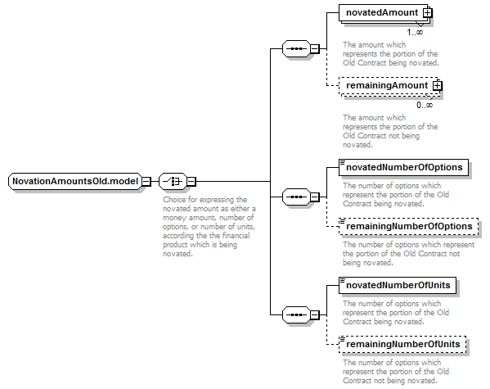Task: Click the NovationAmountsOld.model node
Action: [75, 181]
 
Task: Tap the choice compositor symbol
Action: [173, 181]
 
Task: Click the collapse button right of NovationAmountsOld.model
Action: [146, 182]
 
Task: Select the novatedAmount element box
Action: [383, 12]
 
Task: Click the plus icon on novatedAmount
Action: [427, 13]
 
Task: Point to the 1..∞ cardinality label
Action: [415, 32]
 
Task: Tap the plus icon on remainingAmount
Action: [437, 85]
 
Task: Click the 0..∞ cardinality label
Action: [425, 105]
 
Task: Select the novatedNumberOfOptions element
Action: [403, 167]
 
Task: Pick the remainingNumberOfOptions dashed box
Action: [408, 226]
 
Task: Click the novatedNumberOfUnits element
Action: [398, 286]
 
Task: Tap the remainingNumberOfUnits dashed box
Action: [402, 344]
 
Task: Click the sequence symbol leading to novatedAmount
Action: [296, 48]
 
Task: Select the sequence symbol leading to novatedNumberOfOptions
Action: [296, 197]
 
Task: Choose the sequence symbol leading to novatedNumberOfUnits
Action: [296, 314]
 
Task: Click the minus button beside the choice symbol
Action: [191, 182]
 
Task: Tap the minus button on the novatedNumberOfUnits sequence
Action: [315, 314]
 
